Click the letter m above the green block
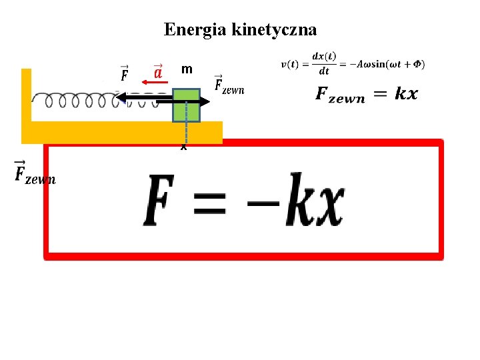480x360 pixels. pos(187,69)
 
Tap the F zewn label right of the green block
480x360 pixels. pos(229,85)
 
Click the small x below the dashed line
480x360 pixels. pos(183,147)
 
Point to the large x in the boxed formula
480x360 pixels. pos(329,203)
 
